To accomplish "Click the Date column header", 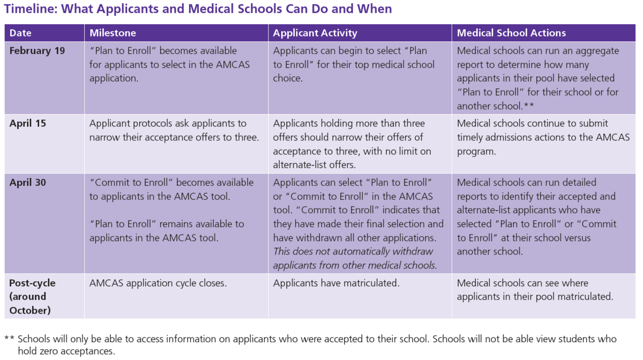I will coord(20,33).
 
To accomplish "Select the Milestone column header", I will coord(113,33).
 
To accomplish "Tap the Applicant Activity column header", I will coord(315,33).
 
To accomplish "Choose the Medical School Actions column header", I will coord(511,33).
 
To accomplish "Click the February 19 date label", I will coord(37,51).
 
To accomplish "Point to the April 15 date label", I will coord(28,123).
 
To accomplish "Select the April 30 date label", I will coord(28,183).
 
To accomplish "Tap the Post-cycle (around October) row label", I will coord(32,296).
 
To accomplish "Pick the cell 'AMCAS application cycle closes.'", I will coord(158,283).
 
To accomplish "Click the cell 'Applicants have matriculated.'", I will coord(336,283).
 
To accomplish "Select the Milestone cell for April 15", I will coord(174,130).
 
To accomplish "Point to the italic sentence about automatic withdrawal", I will coord(355,258).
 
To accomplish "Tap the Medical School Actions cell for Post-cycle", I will coord(535,289).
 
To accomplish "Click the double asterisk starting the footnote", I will coord(9,339).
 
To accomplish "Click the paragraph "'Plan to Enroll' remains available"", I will coord(167,231).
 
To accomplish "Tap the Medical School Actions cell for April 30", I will coord(536,216).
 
